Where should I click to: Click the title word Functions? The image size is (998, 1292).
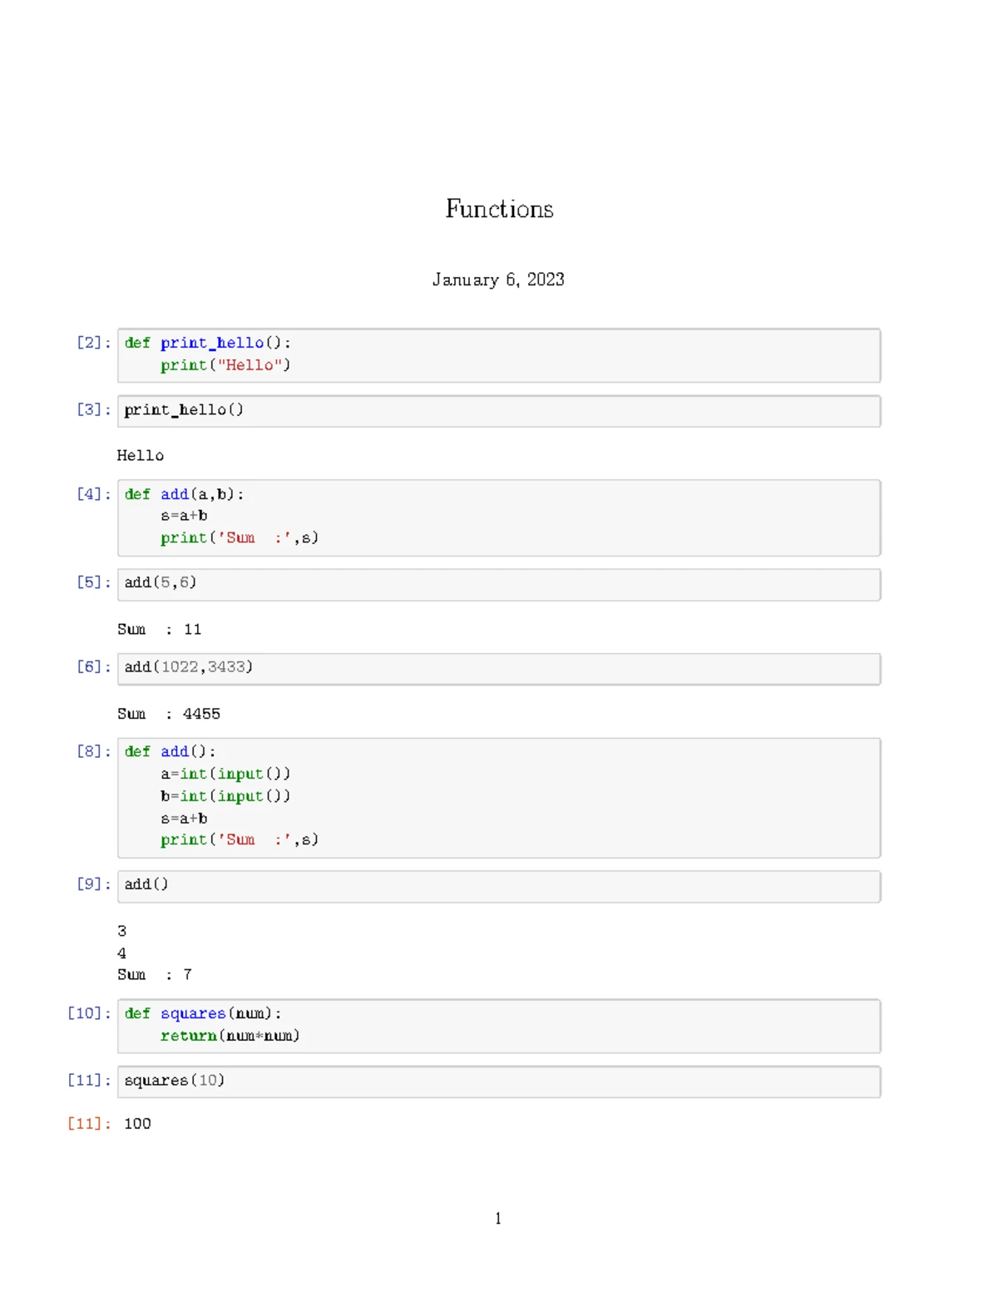(x=499, y=209)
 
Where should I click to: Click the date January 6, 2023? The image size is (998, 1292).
(x=498, y=280)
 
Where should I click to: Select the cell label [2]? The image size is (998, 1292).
(x=93, y=343)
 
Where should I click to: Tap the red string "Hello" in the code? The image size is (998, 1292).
(x=249, y=364)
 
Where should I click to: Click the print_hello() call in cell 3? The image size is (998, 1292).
(x=184, y=409)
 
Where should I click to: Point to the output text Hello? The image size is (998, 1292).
(x=141, y=455)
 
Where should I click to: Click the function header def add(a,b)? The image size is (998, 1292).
(x=184, y=494)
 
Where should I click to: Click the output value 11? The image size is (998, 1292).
(x=193, y=629)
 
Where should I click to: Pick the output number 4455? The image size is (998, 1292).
(x=201, y=714)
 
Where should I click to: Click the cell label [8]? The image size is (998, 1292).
(x=93, y=751)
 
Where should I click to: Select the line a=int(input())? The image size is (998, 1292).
(x=225, y=774)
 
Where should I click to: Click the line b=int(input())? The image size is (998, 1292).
(x=225, y=795)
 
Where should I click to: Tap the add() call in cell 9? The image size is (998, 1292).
(x=146, y=884)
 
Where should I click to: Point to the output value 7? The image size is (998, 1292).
(x=188, y=974)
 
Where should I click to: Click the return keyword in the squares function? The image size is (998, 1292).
(x=189, y=1036)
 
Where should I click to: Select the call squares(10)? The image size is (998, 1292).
(x=174, y=1081)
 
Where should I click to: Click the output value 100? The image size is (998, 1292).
(x=137, y=1124)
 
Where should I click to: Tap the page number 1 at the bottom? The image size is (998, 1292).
(x=498, y=1218)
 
